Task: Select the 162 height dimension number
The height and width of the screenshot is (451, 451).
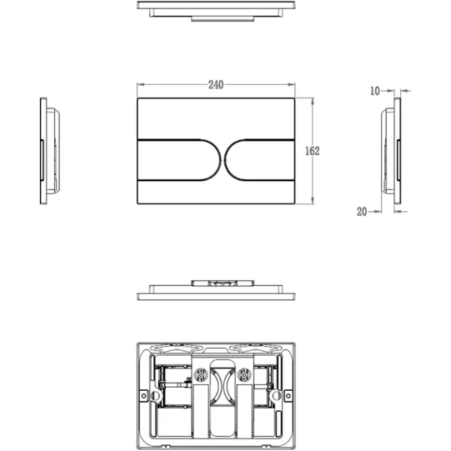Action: [313, 151]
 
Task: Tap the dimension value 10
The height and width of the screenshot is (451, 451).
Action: [376, 91]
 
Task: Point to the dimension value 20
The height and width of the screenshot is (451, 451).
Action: [362, 212]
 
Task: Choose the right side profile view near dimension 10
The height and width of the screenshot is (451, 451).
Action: [391, 150]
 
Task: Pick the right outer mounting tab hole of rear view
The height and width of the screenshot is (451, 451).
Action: [288, 395]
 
